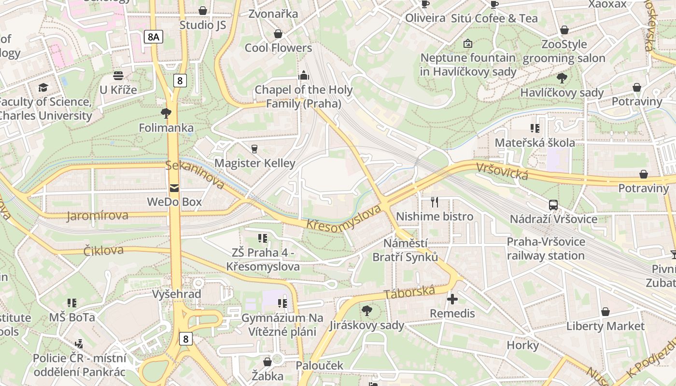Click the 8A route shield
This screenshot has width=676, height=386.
tap(154, 36)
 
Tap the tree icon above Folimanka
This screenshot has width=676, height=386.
tap(166, 113)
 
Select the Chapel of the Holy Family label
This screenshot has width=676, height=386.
tap(304, 96)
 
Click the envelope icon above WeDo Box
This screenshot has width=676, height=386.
tap(174, 188)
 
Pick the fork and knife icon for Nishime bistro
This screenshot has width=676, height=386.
tap(435, 202)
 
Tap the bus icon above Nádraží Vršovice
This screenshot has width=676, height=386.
tap(553, 205)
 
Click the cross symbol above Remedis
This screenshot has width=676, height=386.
tap(452, 300)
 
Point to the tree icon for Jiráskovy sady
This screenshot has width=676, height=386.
tap(367, 311)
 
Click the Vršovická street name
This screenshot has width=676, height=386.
tap(502, 171)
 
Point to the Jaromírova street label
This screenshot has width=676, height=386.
tap(98, 216)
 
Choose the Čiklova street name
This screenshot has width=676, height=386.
tap(103, 250)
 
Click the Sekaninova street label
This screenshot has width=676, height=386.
tap(195, 175)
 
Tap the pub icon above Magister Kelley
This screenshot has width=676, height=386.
tap(254, 149)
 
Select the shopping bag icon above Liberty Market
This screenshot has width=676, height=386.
tap(605, 312)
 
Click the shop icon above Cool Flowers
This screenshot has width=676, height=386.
tap(278, 34)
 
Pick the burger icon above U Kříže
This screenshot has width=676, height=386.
tap(118, 76)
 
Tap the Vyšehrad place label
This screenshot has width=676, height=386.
tap(176, 294)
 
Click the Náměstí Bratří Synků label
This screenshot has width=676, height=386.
tap(405, 250)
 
